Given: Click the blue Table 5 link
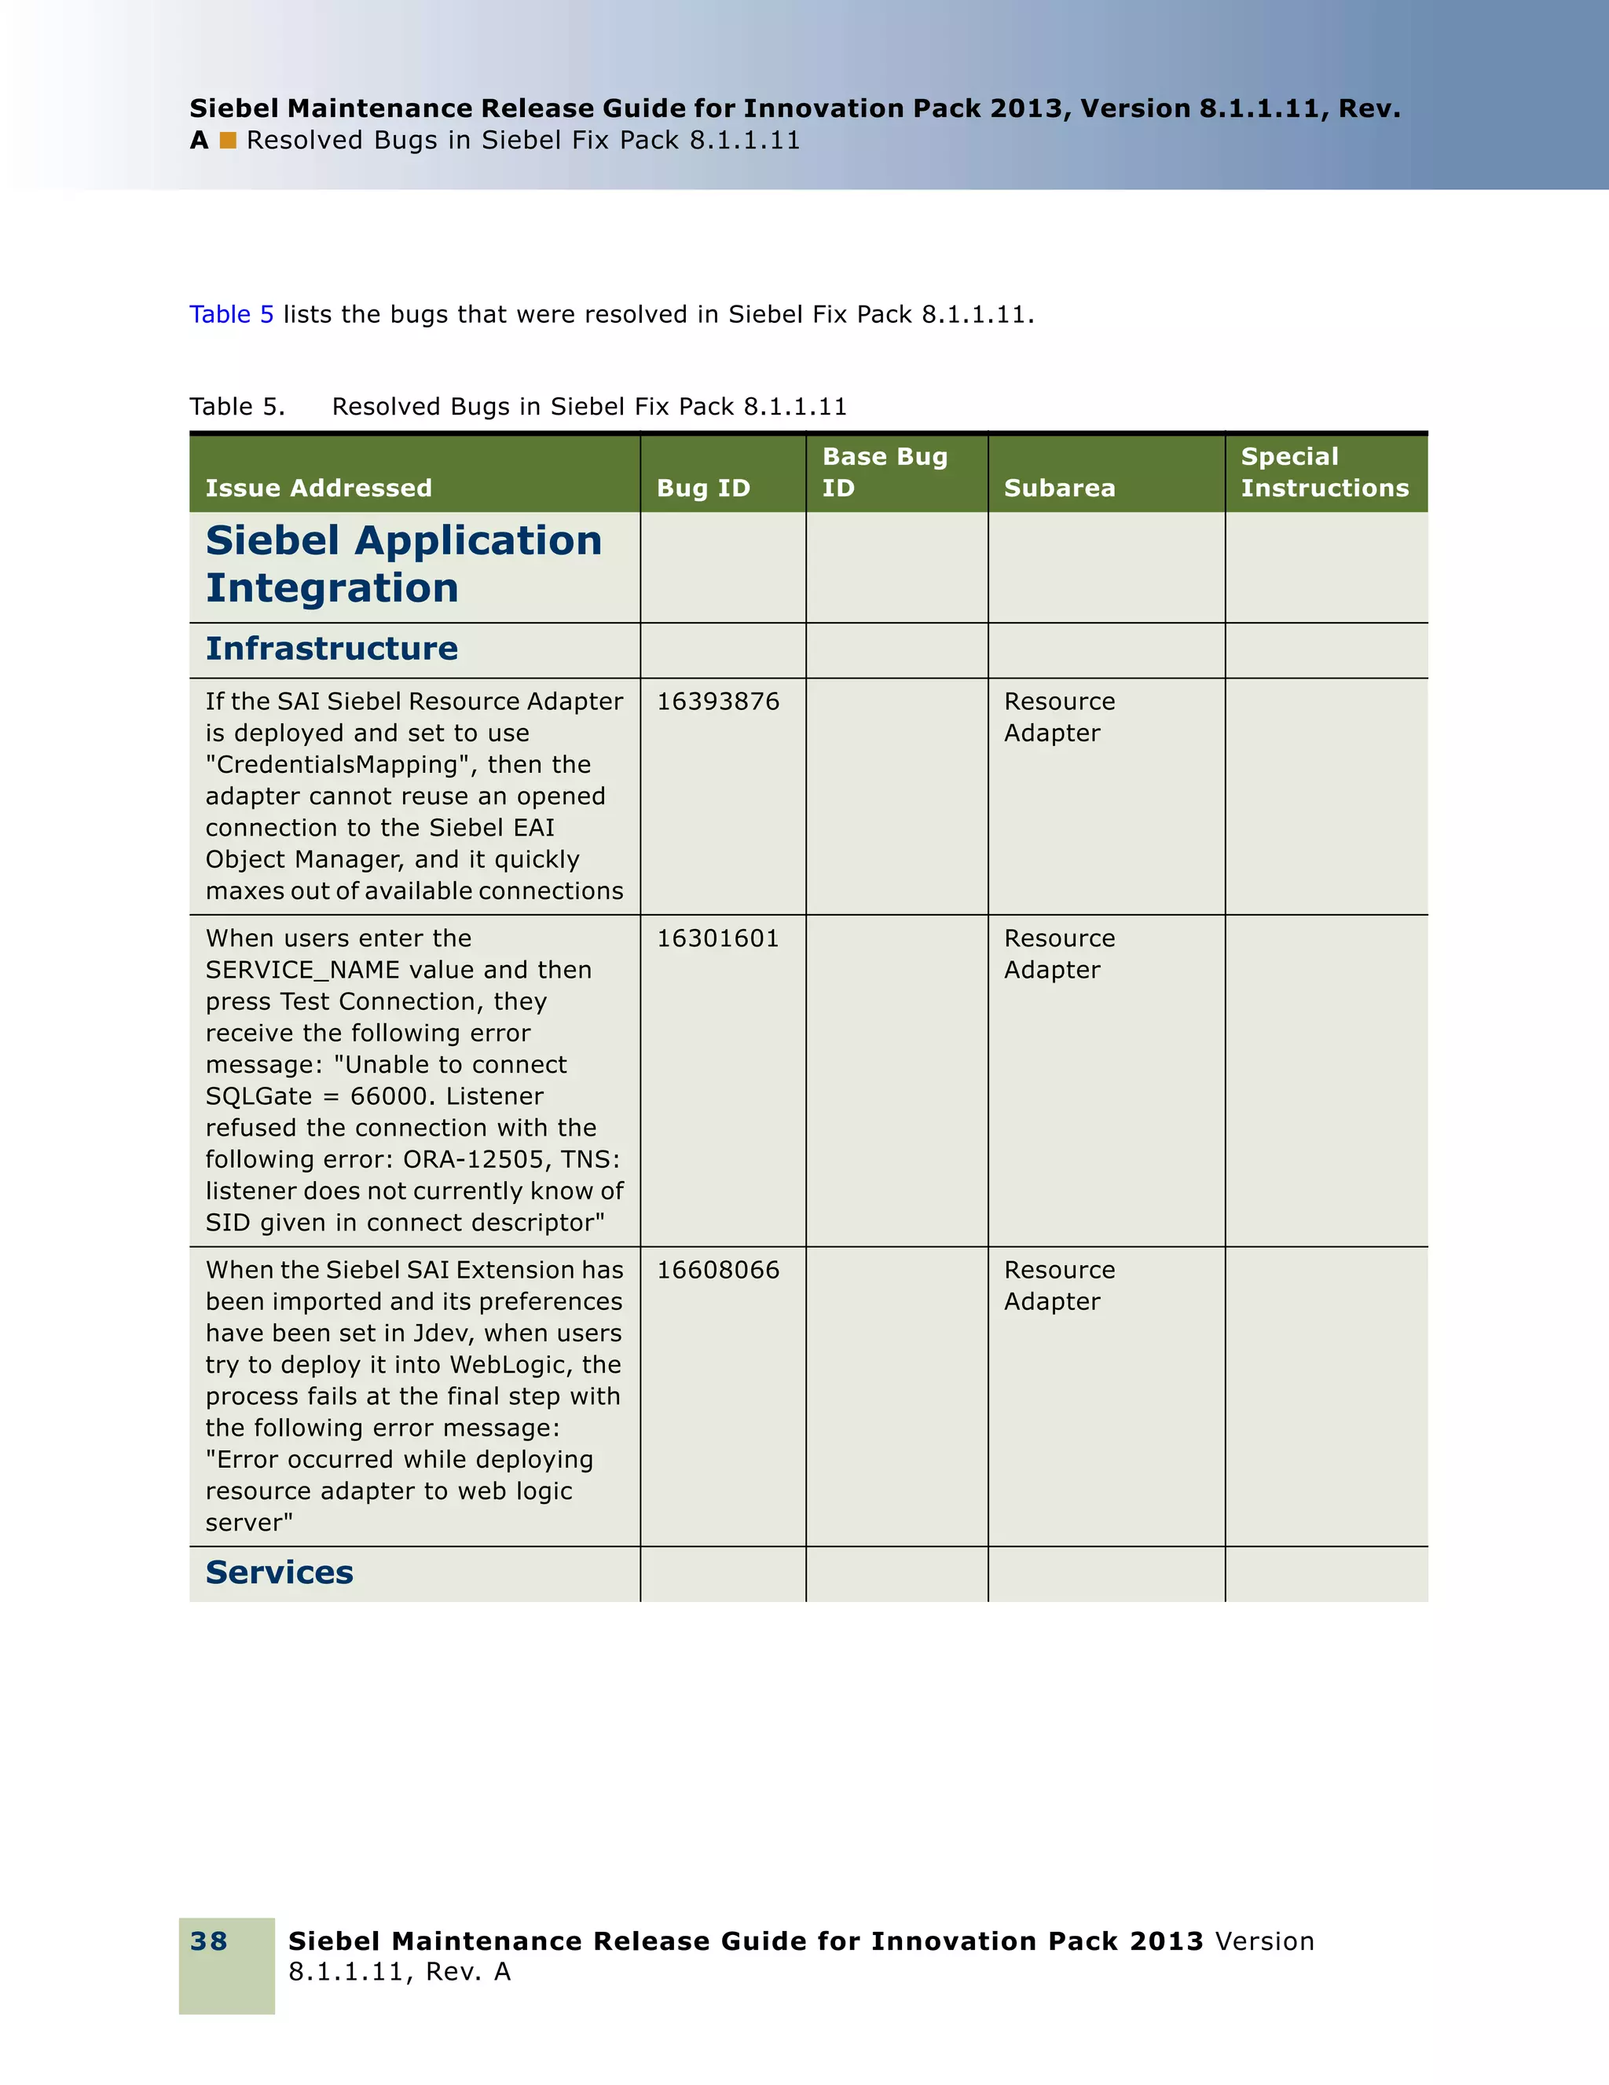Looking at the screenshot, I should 231,314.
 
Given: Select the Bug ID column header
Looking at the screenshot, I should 703,488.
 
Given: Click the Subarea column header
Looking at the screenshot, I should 1059,488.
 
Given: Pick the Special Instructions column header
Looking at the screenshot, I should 1324,472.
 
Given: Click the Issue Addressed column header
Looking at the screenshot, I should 318,488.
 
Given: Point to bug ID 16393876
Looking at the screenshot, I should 717,702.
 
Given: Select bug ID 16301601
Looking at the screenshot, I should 717,938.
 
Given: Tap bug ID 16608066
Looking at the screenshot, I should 717,1270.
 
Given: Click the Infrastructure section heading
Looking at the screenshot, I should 332,648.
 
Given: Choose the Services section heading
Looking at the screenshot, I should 279,1572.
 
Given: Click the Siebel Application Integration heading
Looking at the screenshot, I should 403,564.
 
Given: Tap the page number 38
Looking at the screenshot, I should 208,1941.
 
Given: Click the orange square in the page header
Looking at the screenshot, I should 227,141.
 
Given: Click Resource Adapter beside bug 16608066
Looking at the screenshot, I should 1058,1285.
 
